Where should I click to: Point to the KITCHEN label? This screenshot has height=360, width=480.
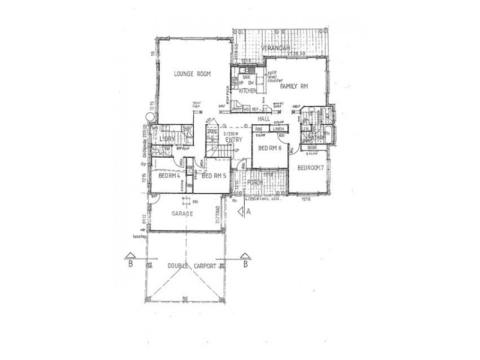point(248,91)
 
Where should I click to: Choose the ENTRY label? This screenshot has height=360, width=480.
point(233,139)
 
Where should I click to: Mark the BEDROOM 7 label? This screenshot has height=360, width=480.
point(311,167)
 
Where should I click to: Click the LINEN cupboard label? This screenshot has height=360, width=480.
point(278,129)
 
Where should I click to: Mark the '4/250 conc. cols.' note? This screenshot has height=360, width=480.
point(265,198)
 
